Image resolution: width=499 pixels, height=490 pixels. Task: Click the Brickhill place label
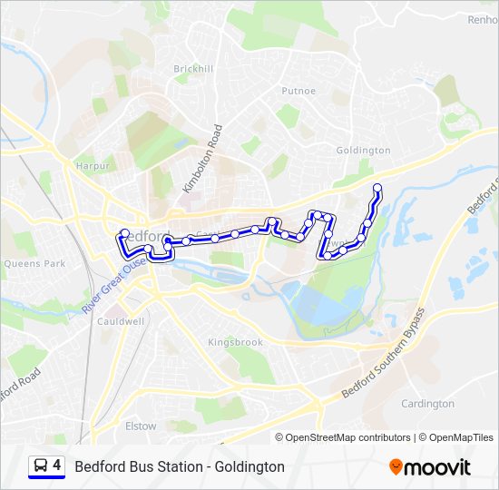(x=193, y=69)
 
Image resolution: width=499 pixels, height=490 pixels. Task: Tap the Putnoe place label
(x=298, y=91)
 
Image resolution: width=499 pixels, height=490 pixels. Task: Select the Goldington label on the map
(x=363, y=150)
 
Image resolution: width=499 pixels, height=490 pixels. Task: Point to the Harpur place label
(x=93, y=167)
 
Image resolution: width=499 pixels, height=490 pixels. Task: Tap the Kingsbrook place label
(x=235, y=342)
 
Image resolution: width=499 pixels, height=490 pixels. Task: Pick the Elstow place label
(x=141, y=425)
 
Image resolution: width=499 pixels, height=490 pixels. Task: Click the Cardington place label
(x=427, y=403)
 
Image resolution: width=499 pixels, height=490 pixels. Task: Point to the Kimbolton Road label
(x=201, y=159)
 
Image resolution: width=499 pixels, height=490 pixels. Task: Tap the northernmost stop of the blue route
(x=377, y=188)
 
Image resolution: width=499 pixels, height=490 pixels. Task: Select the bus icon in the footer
(x=41, y=465)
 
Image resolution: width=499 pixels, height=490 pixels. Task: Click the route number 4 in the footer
(x=57, y=465)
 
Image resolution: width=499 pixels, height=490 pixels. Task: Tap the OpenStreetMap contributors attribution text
(x=342, y=437)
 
